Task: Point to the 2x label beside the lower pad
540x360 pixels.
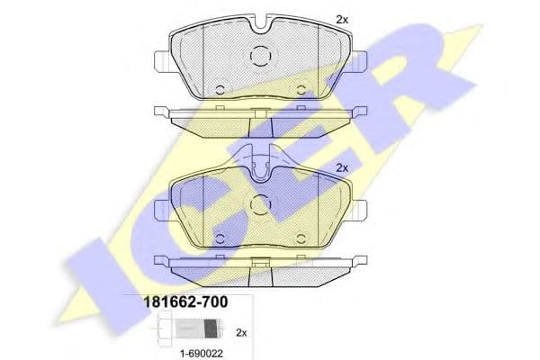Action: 341,167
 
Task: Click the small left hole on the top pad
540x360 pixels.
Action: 221,88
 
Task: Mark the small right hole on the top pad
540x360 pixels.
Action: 300,88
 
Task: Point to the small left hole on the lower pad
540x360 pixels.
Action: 221,237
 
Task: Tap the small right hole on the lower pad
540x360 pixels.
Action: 300,237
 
